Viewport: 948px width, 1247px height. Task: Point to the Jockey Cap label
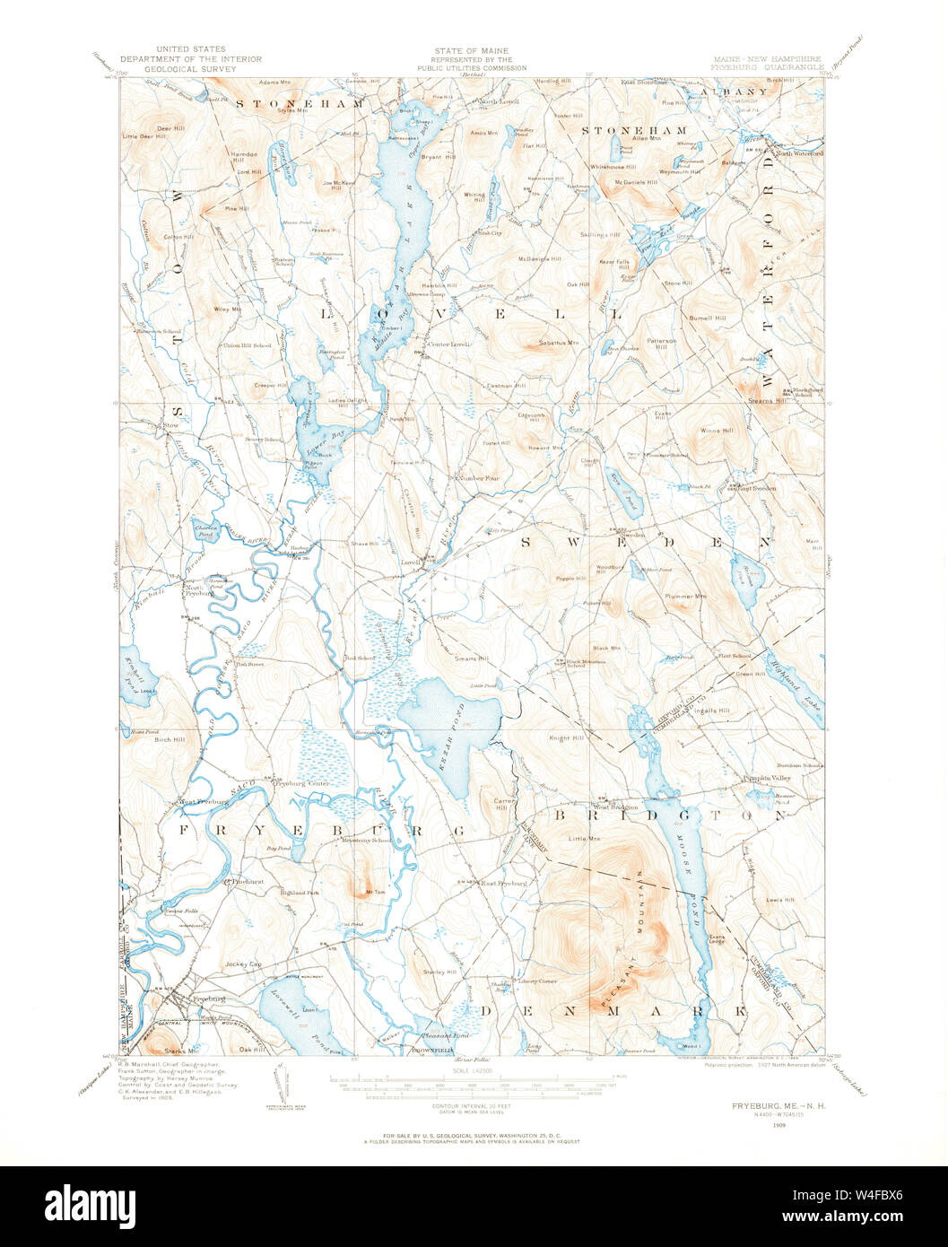pos(243,964)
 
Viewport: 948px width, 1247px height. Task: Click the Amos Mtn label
pos(482,133)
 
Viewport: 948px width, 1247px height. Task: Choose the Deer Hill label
pos(170,128)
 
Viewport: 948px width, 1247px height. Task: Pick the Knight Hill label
pos(566,738)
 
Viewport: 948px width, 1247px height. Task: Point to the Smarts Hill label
pos(471,658)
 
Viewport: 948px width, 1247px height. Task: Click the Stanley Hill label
pos(440,972)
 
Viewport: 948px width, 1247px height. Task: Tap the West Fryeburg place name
pos(199,801)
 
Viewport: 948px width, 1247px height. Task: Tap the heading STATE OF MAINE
pos(471,51)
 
